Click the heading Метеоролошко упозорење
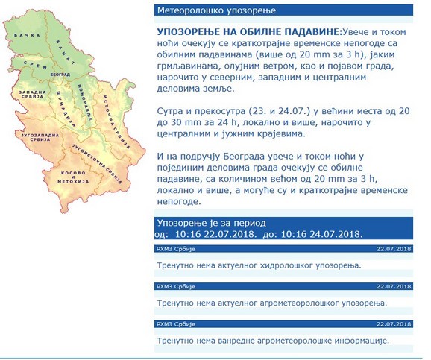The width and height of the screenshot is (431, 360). pyautogui.click(x=204, y=10)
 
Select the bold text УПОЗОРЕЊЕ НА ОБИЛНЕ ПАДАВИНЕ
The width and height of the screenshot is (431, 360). pyautogui.click(x=248, y=33)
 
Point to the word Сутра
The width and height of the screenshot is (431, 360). pyautogui.click(x=173, y=109)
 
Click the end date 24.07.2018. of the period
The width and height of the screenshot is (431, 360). pyautogui.click(x=333, y=233)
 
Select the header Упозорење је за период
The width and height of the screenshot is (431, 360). pyautogui.click(x=212, y=222)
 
